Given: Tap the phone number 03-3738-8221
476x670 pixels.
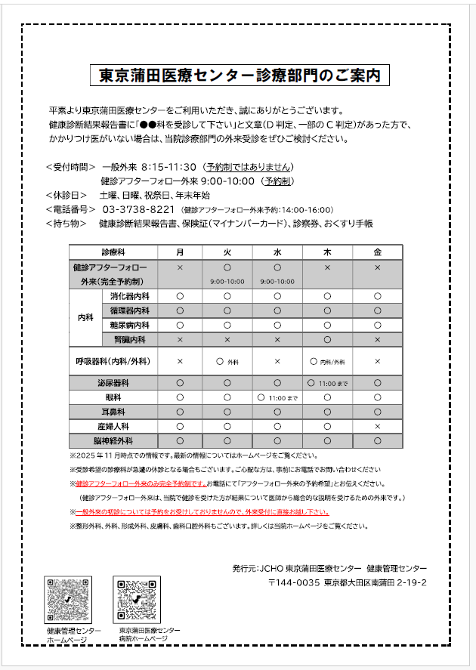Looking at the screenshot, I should point(138,209).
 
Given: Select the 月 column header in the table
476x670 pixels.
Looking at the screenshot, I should point(180,252).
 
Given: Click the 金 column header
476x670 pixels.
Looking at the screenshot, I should point(377,252).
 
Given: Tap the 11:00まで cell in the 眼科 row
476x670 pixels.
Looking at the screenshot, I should point(277,397).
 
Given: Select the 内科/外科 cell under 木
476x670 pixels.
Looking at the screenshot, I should point(327,362).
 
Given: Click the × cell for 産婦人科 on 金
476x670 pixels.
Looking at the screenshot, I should point(377,426).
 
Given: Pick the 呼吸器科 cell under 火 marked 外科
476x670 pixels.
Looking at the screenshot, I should point(227,362).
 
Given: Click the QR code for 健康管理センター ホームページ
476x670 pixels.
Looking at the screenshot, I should point(70,600).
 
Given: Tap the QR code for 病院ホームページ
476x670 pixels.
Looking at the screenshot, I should point(137,600).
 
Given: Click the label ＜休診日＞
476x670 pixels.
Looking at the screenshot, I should point(67,194).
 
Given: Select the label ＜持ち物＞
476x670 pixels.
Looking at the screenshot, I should point(67,224).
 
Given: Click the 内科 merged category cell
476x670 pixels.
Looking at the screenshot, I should point(84,318).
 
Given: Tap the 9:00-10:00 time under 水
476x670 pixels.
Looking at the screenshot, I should point(277,281).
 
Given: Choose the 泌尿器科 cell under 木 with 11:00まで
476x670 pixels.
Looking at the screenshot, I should point(327,383).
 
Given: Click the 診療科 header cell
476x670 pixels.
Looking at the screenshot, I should point(114,252).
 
